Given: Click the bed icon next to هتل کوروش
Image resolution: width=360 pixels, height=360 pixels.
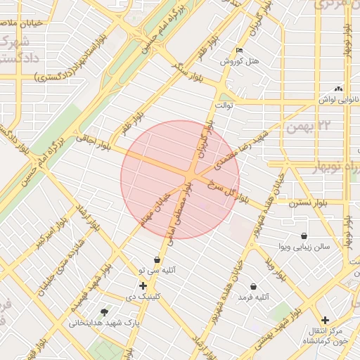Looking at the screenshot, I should click(x=240, y=51).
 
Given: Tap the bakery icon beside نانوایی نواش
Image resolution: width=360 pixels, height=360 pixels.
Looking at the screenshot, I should click(x=340, y=89).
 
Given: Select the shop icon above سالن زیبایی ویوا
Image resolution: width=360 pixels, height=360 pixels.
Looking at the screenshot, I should click(x=303, y=236).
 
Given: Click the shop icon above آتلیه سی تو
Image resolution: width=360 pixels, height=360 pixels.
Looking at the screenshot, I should click(x=157, y=259).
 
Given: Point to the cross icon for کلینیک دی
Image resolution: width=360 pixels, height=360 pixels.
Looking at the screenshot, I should click(x=143, y=285).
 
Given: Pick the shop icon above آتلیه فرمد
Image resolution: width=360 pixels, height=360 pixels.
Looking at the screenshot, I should click(x=254, y=287).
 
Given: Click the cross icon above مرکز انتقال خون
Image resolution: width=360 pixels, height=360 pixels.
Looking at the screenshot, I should click(x=324, y=320).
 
